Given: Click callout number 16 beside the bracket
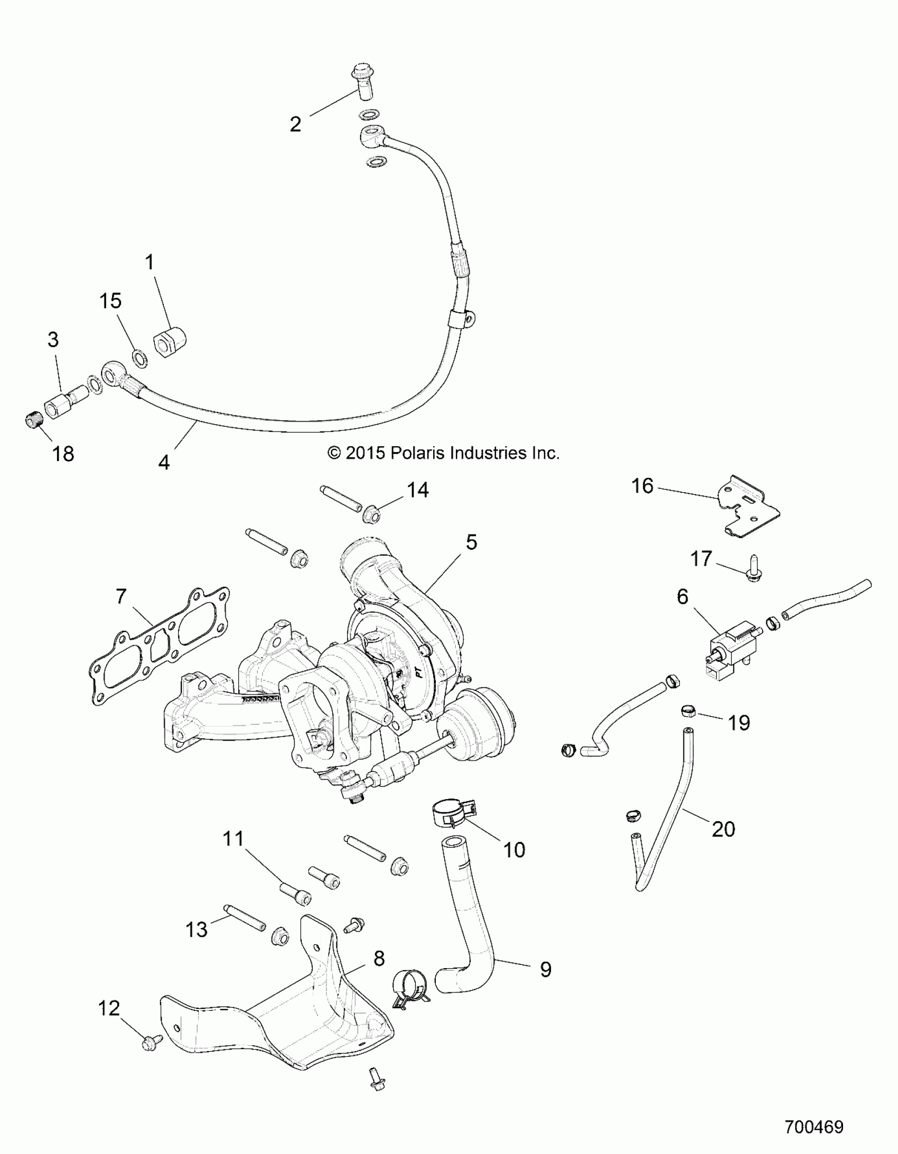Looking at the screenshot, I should (642, 485).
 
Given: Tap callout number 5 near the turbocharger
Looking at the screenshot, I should (471, 542).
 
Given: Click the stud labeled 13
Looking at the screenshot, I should (244, 918).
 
